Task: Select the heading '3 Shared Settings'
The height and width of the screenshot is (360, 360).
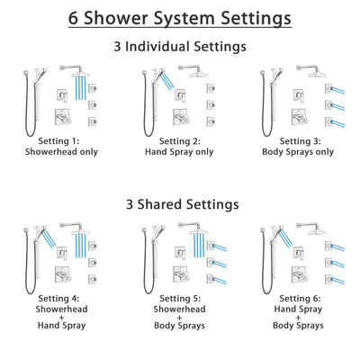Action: pos(180,205)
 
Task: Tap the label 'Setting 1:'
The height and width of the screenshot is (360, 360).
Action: pos(64,140)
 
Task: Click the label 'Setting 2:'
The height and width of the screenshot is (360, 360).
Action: pos(179,140)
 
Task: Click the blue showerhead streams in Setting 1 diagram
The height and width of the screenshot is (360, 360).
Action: pos(86,86)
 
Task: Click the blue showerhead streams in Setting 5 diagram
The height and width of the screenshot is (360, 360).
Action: pos(202,245)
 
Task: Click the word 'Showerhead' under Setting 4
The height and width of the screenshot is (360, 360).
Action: pos(64,311)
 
